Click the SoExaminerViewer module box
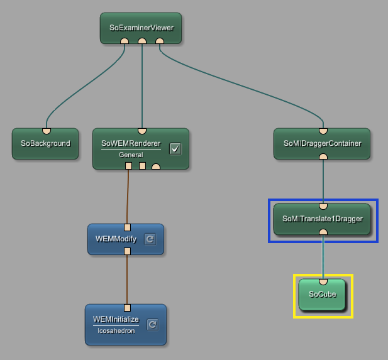(141, 28)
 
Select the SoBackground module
(45, 144)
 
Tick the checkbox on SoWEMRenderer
(175, 148)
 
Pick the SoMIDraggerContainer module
(322, 144)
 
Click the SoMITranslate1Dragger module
(323, 219)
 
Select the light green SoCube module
(323, 294)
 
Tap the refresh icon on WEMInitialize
(152, 324)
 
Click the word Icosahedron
(117, 330)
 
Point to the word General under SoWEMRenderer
(131, 155)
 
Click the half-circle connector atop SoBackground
(46, 131)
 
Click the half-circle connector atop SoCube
(323, 281)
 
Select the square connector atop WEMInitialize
(126, 307)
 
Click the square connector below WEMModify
(127, 251)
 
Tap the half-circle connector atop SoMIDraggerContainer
(323, 131)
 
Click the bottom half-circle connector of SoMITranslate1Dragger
(323, 232)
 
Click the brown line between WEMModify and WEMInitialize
(127, 278)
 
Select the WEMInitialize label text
(116, 320)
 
